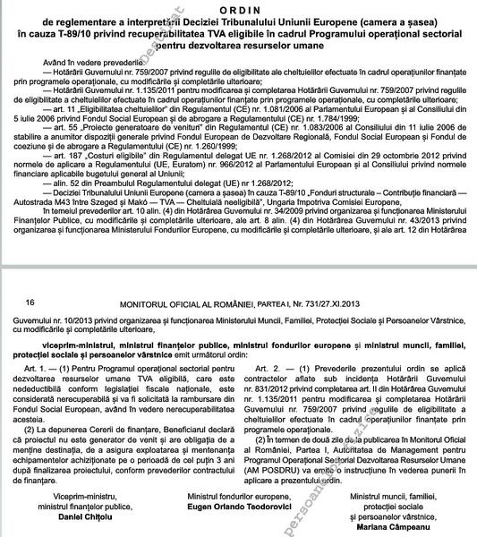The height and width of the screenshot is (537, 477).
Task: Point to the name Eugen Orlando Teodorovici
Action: coord(239,506)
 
